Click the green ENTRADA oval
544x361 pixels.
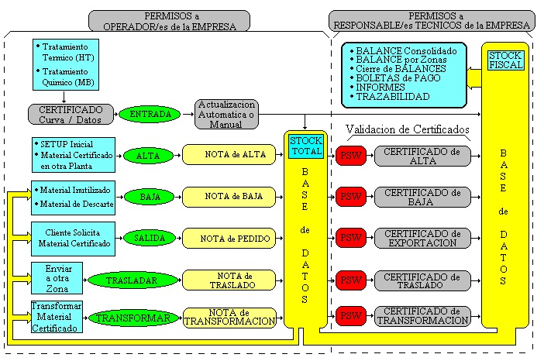pos(150,114)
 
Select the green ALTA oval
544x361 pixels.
pos(148,156)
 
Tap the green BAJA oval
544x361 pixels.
pos(150,197)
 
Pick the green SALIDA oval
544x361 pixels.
pos(150,238)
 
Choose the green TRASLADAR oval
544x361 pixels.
pos(133,280)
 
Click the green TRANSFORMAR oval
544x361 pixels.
pos(133,318)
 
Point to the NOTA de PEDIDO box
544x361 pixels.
pos(229,239)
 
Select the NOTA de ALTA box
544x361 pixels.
pos(229,155)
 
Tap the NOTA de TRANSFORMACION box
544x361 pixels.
pos(229,318)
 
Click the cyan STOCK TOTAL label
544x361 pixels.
pos(306,146)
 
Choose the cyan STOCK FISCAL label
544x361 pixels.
pos(506,60)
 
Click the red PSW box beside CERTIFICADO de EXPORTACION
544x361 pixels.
pos(351,238)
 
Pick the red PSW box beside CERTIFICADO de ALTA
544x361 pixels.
pos(351,156)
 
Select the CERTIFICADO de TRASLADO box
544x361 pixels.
pos(422,280)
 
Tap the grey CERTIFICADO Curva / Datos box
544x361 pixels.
pos(71,114)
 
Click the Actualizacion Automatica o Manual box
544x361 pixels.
pos(226,114)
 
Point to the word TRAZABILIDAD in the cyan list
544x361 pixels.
pos(393,97)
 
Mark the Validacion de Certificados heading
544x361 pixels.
pos(408,129)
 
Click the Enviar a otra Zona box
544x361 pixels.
pos(57,278)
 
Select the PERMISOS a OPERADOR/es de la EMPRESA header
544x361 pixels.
pos(169,21)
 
